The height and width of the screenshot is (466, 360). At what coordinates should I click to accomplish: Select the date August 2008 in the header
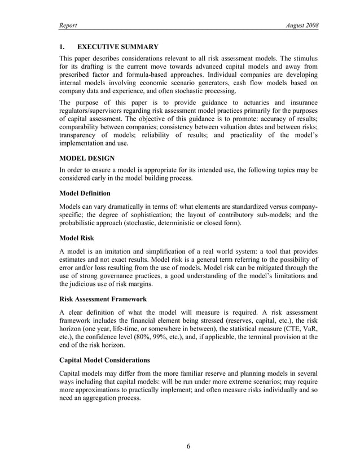click(302, 27)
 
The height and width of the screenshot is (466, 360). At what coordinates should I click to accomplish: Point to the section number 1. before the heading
click(63, 47)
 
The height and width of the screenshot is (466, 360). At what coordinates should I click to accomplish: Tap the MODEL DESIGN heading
click(87, 158)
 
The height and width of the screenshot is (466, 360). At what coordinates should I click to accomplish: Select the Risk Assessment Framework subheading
click(103, 299)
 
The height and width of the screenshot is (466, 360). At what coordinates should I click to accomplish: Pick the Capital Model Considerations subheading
click(104, 359)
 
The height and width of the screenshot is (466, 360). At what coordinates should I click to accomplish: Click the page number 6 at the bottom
click(189, 447)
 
